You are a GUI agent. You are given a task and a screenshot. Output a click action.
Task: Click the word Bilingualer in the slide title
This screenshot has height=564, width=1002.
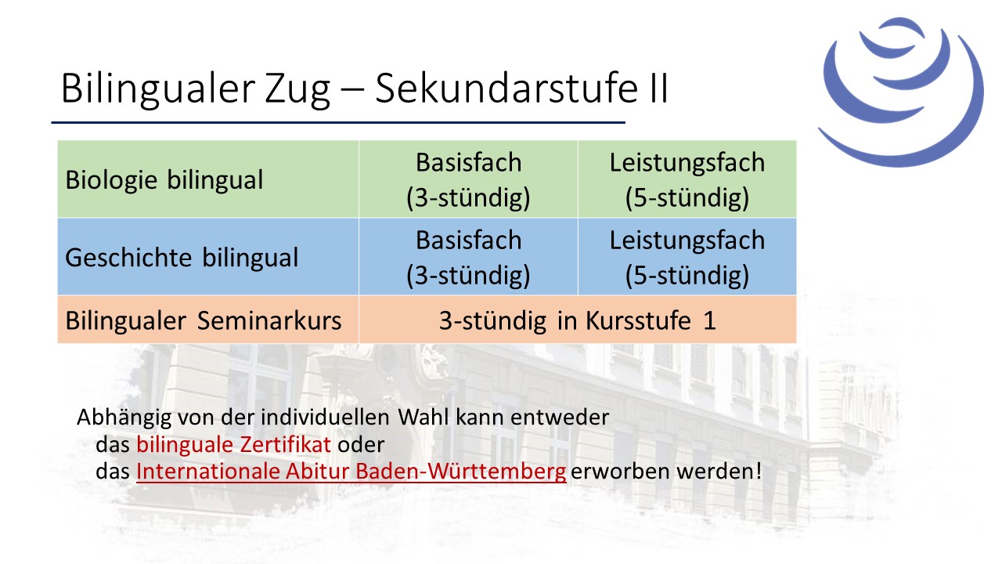point(158,89)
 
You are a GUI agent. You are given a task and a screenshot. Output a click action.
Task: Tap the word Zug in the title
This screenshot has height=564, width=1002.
point(297,89)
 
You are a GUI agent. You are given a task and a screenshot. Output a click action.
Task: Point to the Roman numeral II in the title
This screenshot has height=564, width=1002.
point(657,88)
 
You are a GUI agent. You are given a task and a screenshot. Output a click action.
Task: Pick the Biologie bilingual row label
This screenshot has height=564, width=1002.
point(164,180)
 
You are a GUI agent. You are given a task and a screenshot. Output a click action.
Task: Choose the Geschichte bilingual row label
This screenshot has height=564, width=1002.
point(182,258)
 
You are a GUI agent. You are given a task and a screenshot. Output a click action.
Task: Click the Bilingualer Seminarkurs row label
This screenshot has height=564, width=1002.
point(204,320)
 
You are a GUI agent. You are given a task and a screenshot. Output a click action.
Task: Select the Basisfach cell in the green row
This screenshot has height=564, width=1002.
point(468,179)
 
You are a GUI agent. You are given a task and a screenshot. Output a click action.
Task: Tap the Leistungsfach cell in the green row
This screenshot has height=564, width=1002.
point(687,179)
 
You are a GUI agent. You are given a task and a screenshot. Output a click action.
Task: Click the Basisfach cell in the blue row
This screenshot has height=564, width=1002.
point(468,257)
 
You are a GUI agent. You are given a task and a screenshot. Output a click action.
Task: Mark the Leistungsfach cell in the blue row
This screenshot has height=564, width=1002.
point(687,257)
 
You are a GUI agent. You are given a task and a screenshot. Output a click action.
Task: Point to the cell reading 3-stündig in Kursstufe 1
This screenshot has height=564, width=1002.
point(578,320)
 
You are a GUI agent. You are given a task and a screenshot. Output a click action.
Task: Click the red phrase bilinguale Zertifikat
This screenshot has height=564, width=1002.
point(233,444)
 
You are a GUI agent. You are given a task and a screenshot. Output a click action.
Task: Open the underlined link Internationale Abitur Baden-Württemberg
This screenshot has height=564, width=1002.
point(351,471)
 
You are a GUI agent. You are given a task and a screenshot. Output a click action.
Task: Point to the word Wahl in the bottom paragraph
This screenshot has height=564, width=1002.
point(424,418)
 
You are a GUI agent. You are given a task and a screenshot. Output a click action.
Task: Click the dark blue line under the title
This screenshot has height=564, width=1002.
point(338,122)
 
